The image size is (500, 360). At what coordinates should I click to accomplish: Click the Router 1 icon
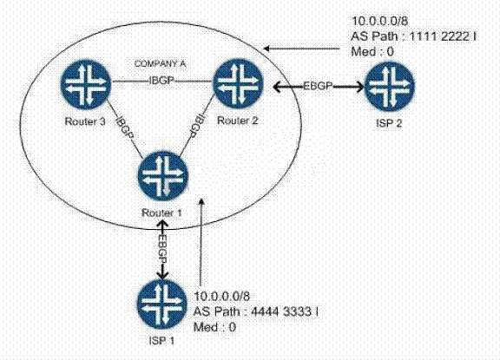[162, 176]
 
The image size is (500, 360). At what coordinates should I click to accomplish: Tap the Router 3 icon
[85, 83]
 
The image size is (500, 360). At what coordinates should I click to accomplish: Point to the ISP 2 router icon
[390, 84]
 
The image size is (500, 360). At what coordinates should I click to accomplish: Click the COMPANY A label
[160, 63]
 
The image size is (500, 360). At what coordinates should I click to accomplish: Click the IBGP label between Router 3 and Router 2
[161, 81]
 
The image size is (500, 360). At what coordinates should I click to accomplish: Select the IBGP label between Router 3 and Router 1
[125, 128]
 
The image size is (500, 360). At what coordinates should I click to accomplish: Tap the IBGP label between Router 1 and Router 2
[197, 126]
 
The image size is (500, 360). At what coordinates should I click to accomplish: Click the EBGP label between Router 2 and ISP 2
[318, 86]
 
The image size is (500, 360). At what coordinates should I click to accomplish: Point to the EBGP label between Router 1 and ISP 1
[163, 249]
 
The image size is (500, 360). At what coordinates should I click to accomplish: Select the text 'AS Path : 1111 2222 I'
[413, 36]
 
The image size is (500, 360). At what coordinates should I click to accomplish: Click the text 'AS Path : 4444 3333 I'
[256, 311]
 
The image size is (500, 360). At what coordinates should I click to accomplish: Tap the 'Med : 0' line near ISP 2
[372, 51]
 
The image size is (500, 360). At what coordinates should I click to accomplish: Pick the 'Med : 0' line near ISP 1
[214, 326]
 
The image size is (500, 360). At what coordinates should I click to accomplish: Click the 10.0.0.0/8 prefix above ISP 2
[379, 21]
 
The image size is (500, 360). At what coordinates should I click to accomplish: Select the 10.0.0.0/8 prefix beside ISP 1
[222, 297]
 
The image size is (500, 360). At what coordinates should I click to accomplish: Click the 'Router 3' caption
[85, 121]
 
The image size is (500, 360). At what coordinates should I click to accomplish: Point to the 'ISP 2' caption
[389, 123]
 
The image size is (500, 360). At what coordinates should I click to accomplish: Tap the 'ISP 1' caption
[161, 341]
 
